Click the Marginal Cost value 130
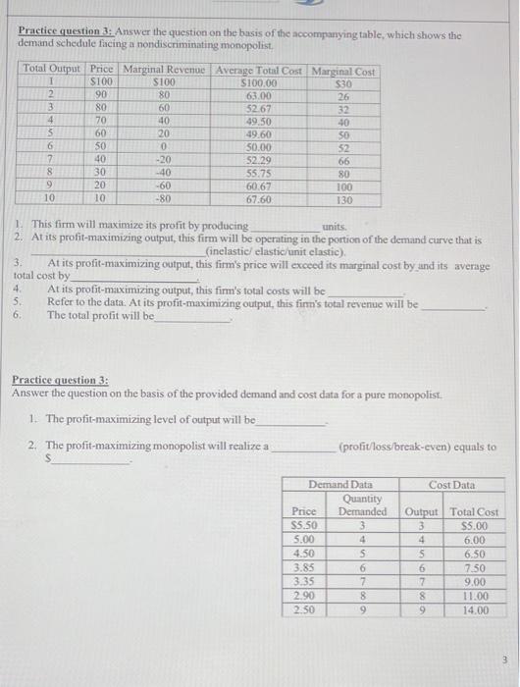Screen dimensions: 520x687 [342, 199]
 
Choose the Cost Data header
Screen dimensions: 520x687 [450, 485]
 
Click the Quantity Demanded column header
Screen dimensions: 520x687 [362, 504]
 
